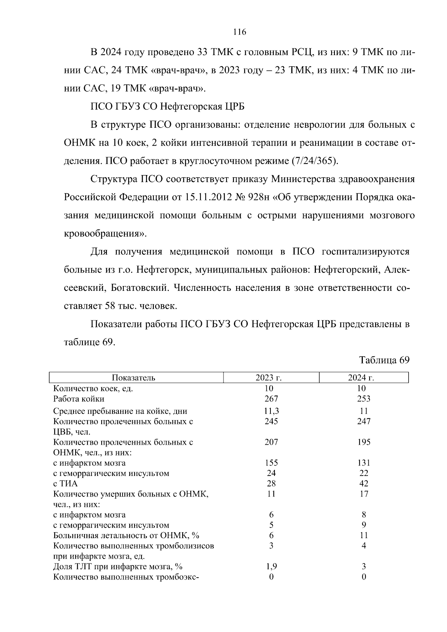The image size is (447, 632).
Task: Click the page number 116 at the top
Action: point(240,32)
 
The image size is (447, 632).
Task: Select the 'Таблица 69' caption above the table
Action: point(384,360)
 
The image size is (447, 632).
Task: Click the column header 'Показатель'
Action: point(133,378)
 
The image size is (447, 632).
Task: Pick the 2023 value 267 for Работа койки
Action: point(271,399)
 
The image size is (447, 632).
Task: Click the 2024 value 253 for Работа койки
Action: point(364,399)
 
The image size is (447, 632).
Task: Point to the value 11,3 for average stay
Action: point(271,411)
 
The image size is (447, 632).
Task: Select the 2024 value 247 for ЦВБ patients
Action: point(364,421)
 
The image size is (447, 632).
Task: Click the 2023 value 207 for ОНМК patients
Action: point(271,442)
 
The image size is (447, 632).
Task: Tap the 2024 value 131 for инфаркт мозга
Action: point(364,463)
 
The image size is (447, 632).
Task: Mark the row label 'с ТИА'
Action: point(66,484)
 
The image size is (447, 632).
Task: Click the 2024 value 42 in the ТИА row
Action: point(364,484)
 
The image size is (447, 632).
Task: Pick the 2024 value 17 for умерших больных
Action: point(364,494)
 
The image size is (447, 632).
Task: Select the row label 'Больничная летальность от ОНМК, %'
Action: point(126,536)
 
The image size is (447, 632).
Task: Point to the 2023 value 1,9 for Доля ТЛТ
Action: point(271,566)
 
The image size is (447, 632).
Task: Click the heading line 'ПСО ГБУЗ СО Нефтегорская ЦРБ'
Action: point(168,107)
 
